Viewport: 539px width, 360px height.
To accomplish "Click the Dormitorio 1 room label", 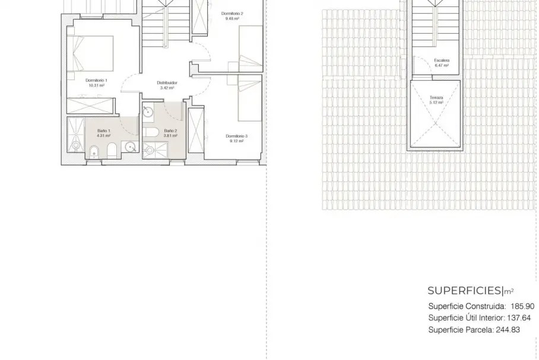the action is coord(96,81).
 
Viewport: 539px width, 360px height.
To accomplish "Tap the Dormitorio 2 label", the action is coord(232,14).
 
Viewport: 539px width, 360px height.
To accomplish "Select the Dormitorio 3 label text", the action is coord(236,136).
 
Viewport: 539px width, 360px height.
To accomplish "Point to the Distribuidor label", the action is coord(167,83).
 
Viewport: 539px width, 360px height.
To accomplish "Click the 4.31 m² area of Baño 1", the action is coord(103,136).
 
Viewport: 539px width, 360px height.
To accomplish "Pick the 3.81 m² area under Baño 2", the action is coord(170,136).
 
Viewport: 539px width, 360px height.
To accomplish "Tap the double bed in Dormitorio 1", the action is coord(90,53).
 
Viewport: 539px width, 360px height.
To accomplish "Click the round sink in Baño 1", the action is coord(131,147).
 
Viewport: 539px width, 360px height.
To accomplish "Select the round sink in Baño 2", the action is coord(148,111).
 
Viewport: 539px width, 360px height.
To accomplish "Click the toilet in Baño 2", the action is coord(150,132).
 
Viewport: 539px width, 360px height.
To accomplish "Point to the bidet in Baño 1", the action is coord(94,152).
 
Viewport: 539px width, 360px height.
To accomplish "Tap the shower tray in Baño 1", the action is coord(75,135).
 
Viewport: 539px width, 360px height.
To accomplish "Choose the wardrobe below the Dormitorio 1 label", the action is coord(90,106).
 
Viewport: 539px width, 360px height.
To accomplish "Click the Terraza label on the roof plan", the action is coord(436,97).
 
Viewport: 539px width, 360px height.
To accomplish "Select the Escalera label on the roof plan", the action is coord(442,60).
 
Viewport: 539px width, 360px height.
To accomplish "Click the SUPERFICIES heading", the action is coord(465,291).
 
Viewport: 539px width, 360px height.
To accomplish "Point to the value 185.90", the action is coord(522,306).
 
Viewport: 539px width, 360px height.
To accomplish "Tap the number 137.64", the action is coord(519,318).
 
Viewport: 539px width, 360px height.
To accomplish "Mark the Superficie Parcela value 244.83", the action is coord(508,330).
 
